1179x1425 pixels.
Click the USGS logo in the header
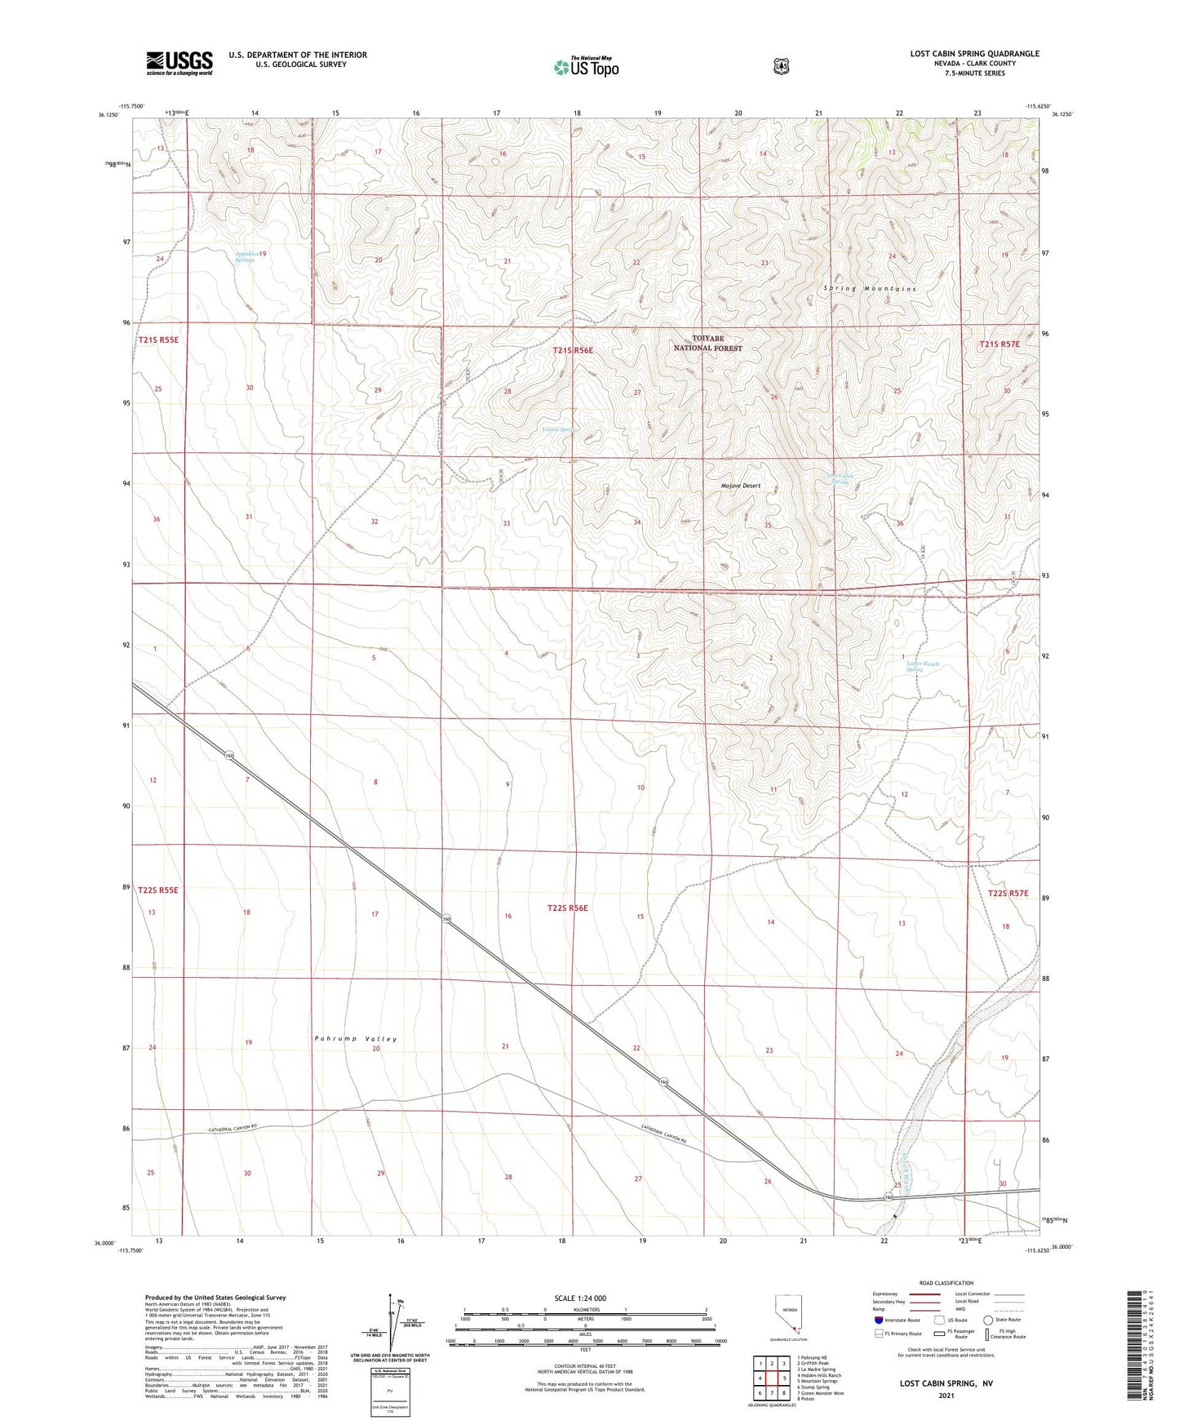tap(180, 63)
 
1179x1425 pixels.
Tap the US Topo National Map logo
tap(585, 67)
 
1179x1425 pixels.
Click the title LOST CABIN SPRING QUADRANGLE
tap(974, 54)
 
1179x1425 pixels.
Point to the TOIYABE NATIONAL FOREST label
tap(707, 344)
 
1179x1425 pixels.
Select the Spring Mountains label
tap(870, 289)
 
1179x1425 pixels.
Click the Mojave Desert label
tap(740, 486)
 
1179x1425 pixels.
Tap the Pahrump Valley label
tap(356, 1039)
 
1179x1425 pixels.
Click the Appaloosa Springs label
tap(246, 257)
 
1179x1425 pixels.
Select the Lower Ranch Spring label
tap(923, 667)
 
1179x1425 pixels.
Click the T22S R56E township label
tap(567, 908)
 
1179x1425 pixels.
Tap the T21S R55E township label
tap(158, 340)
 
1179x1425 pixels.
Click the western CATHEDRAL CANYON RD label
tap(233, 1130)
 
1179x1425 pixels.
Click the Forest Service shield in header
tap(781, 66)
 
